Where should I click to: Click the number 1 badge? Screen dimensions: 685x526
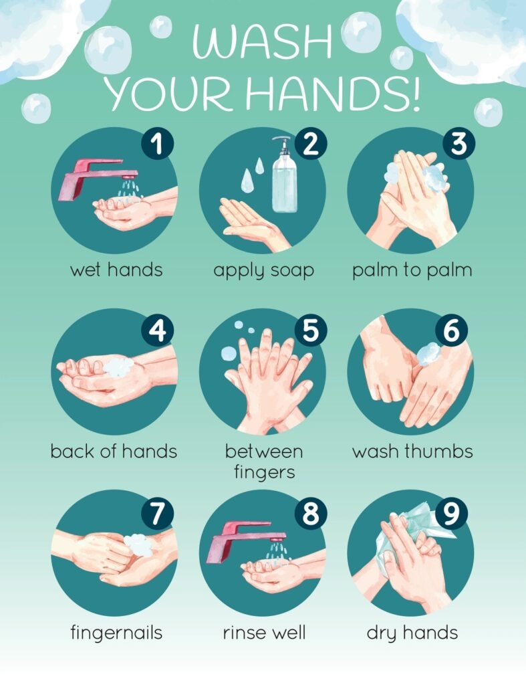tap(157, 146)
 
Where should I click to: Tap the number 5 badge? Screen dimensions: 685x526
tap(311, 327)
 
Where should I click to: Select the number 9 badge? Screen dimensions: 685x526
tap(451, 514)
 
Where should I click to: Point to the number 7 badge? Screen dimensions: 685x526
tap(157, 514)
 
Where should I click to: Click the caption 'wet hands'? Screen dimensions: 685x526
tap(116, 270)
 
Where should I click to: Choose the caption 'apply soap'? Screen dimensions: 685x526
tap(263, 271)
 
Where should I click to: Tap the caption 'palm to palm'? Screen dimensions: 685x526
tap(412, 270)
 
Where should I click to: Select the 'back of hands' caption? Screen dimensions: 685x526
tap(114, 451)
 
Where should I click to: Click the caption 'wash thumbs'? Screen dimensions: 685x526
tap(412, 451)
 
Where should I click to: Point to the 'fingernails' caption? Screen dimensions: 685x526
tap(116, 633)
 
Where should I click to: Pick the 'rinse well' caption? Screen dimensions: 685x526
tap(263, 632)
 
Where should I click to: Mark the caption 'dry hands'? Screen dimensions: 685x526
tap(412, 633)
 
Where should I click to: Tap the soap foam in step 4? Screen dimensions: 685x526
tap(119, 366)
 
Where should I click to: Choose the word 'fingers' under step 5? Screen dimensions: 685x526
tap(263, 472)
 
